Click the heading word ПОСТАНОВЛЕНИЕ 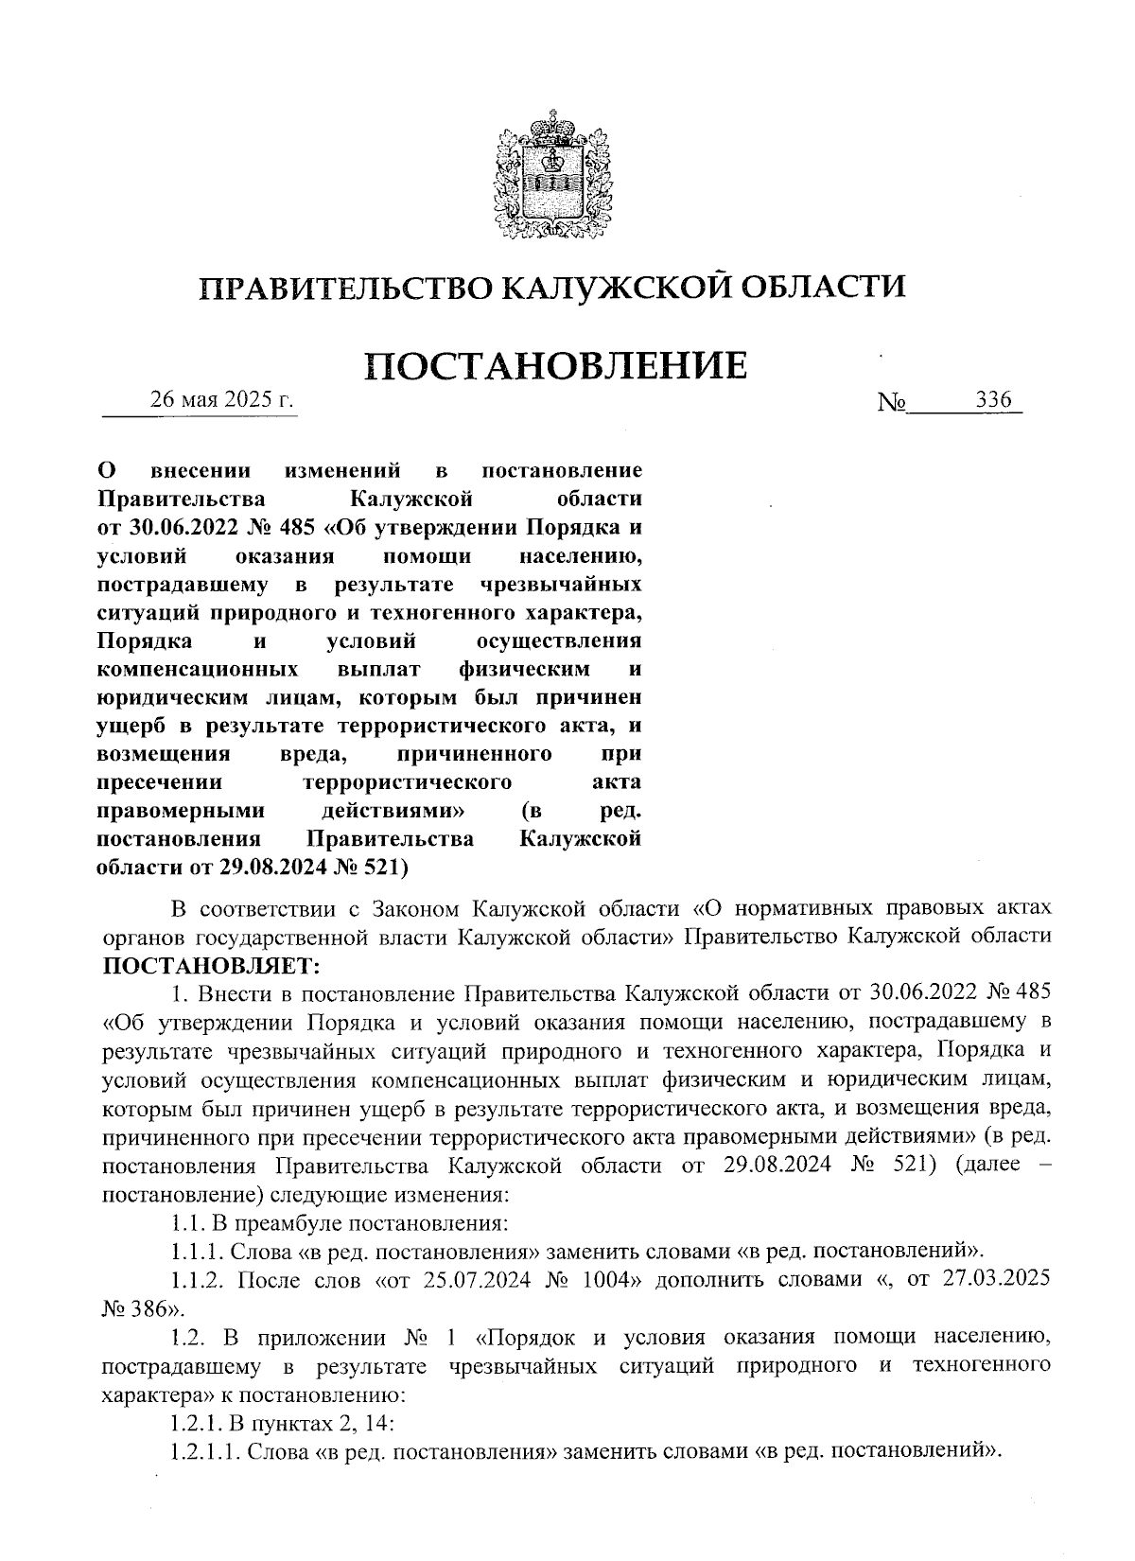[x=556, y=366]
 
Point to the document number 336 [x=993, y=400]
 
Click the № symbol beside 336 [x=892, y=403]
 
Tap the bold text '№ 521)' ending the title [x=374, y=867]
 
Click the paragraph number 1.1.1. [x=197, y=1251]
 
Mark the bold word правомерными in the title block [x=181, y=811]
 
